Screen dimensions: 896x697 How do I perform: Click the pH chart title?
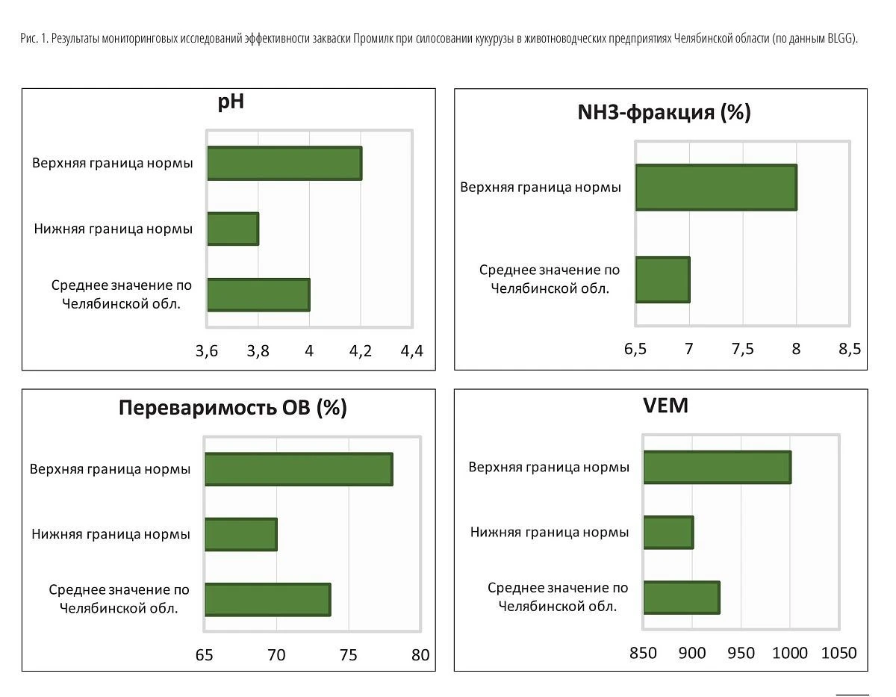[x=231, y=102]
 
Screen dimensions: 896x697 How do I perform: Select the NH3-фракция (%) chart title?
[x=665, y=112]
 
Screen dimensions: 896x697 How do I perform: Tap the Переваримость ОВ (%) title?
[x=232, y=407]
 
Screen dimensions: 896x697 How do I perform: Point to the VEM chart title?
[x=665, y=406]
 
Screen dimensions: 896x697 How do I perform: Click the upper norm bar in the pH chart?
[x=284, y=163]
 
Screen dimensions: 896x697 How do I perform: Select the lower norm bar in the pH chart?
[x=233, y=229]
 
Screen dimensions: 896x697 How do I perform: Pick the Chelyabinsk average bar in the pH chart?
[x=258, y=295]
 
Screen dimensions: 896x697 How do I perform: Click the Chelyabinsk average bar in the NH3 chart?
[x=662, y=279]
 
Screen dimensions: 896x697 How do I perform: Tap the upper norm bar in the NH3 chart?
[x=716, y=188]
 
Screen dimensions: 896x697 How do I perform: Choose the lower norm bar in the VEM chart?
[x=668, y=533]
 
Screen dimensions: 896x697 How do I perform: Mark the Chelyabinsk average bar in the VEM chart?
[x=682, y=598]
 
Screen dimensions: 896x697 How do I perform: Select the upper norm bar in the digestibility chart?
[x=299, y=469]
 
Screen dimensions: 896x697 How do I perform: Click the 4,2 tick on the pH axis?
[x=361, y=351]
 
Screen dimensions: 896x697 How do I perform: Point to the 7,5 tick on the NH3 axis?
[x=743, y=349]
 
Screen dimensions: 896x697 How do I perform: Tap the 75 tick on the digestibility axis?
[x=349, y=655]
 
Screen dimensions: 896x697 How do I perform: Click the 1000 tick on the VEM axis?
[x=790, y=653]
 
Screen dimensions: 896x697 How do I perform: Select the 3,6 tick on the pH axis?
[x=207, y=351]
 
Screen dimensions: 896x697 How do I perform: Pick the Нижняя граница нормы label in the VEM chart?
[x=550, y=533]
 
